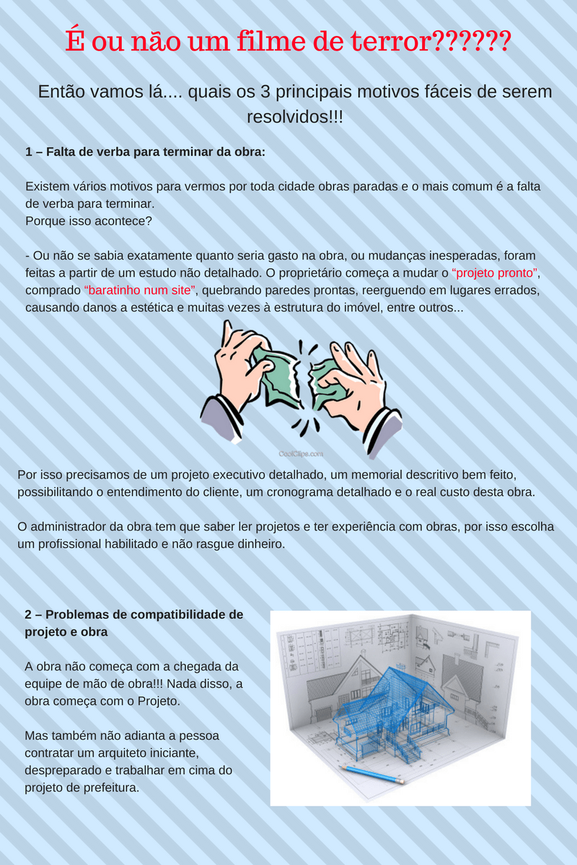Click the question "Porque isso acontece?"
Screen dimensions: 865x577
tap(88, 221)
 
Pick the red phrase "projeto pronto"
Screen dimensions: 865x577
tap(495, 273)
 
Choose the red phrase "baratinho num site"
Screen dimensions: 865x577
tap(141, 290)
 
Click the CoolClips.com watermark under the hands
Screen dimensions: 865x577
tap(301, 454)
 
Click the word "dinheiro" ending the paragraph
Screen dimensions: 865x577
tap(260, 544)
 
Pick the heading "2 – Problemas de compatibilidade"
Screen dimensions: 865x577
tap(134, 615)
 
